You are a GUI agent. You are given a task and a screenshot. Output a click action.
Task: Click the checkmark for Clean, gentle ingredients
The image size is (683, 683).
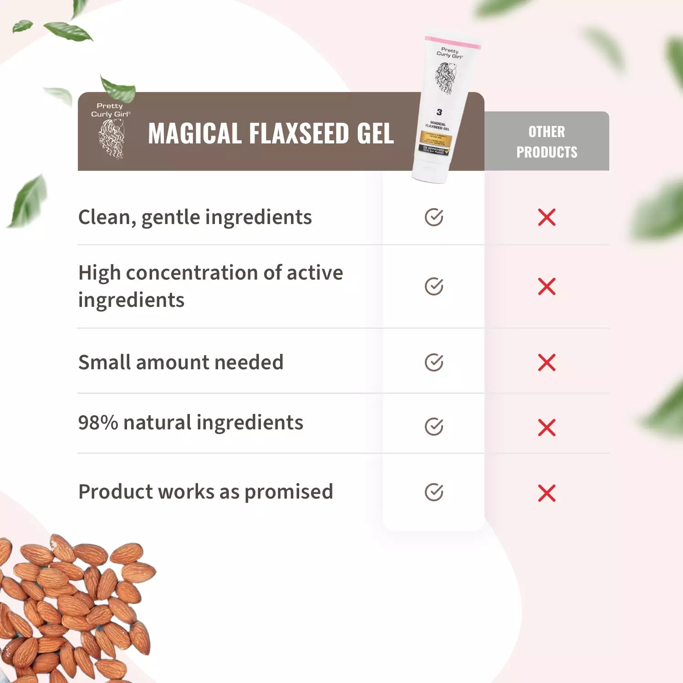point(434,217)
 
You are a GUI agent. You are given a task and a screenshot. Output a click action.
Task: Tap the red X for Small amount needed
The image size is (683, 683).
point(546,362)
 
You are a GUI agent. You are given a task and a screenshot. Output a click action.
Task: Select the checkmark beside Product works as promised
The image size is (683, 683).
point(434,492)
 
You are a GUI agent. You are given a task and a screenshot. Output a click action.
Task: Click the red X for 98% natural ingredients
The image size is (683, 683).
point(546,428)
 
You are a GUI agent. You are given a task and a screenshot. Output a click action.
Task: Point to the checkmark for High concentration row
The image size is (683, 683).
point(434,286)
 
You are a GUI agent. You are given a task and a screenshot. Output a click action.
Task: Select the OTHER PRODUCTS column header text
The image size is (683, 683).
point(546,142)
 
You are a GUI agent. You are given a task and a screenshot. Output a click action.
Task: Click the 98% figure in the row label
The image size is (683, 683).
point(98,423)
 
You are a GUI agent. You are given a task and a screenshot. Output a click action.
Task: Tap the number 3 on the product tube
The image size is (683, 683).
point(439,112)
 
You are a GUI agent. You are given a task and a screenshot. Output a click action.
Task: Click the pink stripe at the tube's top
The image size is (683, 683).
point(453,43)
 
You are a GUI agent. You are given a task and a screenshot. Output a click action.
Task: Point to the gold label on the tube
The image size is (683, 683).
point(436,139)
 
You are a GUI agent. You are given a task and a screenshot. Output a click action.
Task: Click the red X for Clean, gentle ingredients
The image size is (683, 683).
point(546,217)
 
